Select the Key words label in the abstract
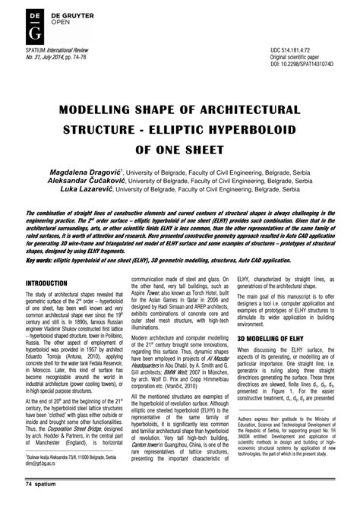coord(43,259)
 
